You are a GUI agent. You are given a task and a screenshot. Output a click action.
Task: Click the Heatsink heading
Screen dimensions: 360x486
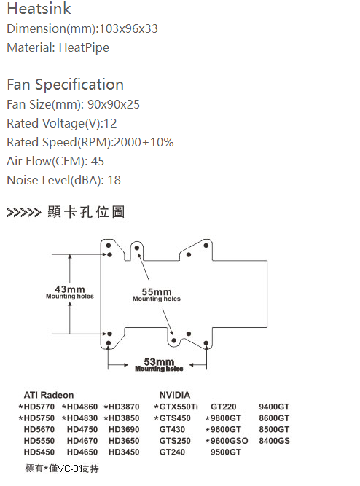click(x=39, y=8)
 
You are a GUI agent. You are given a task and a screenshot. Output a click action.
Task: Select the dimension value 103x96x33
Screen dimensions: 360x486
click(x=128, y=28)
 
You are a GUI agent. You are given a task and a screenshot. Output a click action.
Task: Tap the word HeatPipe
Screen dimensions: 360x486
click(x=84, y=48)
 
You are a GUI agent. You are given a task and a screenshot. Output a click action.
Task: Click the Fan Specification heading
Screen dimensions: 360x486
click(x=65, y=85)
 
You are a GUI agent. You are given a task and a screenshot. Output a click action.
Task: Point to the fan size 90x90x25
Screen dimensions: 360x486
click(x=114, y=104)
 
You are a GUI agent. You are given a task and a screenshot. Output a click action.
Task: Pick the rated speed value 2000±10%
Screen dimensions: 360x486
click(x=144, y=142)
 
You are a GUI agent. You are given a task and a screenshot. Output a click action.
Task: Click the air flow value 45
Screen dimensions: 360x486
click(x=98, y=161)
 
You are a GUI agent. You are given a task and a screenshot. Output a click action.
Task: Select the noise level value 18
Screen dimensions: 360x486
click(x=114, y=180)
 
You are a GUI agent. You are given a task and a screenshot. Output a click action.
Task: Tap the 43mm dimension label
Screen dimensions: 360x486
click(x=70, y=289)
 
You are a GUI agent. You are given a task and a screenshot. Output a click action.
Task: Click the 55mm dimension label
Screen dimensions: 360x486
click(x=157, y=291)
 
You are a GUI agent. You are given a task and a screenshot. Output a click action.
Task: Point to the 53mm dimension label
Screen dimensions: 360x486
click(x=159, y=361)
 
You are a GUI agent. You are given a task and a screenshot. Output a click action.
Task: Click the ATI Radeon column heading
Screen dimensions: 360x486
click(x=49, y=395)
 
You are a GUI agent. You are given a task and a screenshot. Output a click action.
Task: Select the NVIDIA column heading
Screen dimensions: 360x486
click(x=175, y=395)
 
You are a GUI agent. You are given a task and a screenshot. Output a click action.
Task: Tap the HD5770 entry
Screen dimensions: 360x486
click(x=39, y=407)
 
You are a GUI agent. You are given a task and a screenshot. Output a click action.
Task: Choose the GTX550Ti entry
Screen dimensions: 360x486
click(x=179, y=407)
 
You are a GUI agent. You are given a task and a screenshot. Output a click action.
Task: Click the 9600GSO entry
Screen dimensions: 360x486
click(x=229, y=441)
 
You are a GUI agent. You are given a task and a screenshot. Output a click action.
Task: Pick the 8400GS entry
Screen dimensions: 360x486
click(x=275, y=441)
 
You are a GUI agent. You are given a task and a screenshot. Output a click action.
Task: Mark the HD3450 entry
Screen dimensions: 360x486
click(x=124, y=452)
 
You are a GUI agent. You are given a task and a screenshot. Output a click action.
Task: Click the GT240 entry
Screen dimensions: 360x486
click(x=172, y=452)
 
